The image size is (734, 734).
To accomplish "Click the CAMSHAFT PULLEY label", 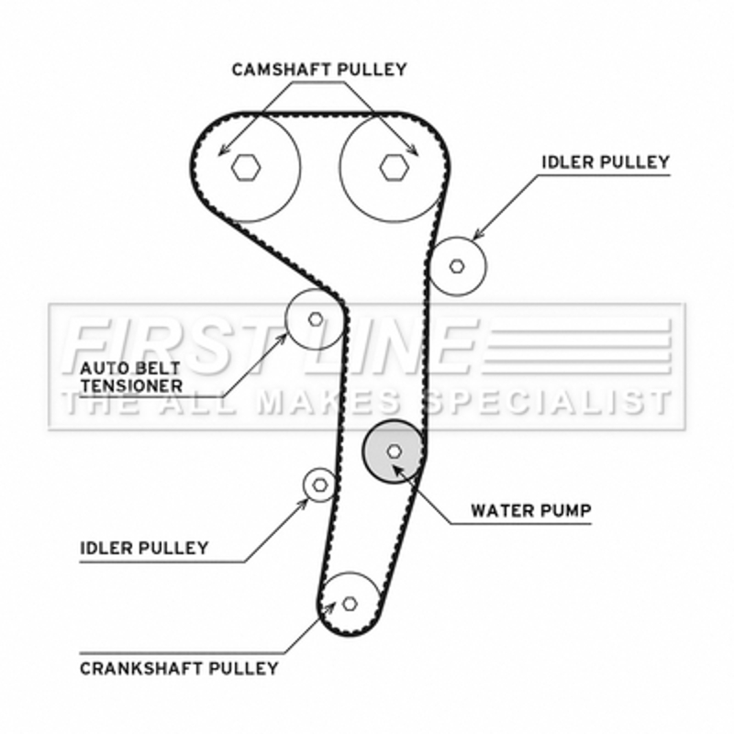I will coord(318,69).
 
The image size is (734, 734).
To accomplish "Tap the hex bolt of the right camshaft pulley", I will coord(393,166).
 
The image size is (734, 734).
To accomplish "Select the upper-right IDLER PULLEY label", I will coord(605,162).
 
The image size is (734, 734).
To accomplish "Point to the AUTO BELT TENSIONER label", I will coord(131,376).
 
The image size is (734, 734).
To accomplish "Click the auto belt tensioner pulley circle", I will coord(315,318).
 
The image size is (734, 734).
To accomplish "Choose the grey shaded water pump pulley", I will coord(394,450).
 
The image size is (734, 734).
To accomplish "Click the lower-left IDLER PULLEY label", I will coord(144,549).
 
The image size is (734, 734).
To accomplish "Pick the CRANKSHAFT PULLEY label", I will coord(179,668).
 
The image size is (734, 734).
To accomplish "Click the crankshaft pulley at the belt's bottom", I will coord(350,603).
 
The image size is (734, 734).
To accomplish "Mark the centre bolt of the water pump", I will coord(394,450).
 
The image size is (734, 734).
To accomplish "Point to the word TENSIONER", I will coord(131,385).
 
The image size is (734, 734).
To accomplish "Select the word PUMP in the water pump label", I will coord(567,509).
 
